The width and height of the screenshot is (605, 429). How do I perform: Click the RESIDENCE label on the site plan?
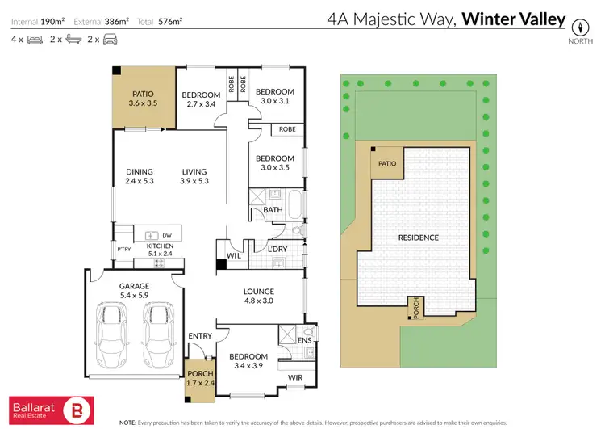418,238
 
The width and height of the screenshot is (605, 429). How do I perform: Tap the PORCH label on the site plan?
416,305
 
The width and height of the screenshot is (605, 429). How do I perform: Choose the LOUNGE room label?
259,292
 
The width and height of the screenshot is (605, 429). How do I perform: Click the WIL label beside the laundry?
234,255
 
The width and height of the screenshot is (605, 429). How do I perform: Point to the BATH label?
273,211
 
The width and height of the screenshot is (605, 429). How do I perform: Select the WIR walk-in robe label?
295,376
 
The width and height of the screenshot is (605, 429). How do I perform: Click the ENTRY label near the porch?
199,336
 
